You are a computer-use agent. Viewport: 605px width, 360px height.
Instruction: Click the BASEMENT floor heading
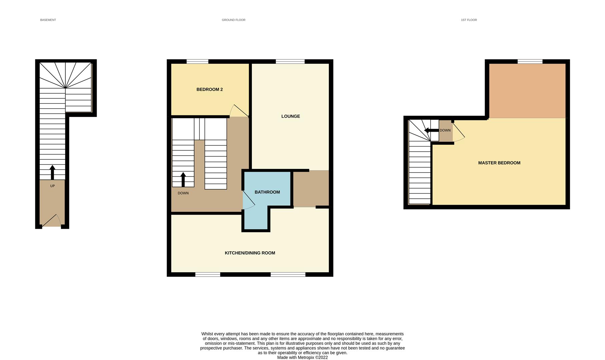48,20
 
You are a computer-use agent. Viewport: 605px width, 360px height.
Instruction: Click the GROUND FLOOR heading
233,20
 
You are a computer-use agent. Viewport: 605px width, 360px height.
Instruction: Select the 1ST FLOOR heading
469,20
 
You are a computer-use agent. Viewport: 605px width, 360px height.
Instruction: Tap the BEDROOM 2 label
209,89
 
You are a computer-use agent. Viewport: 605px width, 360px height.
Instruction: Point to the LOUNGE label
290,116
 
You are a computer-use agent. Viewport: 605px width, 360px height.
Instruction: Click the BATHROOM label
267,192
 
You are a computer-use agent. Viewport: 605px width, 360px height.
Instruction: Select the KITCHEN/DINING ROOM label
250,253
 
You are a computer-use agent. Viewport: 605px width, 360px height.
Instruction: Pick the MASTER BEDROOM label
499,163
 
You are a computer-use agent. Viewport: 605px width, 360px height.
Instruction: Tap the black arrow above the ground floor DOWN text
183,179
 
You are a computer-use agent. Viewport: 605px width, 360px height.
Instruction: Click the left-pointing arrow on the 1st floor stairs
431,130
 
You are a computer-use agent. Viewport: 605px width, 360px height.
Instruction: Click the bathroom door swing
248,200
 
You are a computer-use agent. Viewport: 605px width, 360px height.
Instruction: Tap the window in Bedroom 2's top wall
197,61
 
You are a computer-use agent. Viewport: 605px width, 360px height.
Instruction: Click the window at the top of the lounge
290,61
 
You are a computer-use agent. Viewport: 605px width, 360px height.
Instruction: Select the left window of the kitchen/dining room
207,275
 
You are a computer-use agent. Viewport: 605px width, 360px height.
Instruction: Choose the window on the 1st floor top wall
530,61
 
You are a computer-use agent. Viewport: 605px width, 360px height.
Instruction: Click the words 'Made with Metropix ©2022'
302,357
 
